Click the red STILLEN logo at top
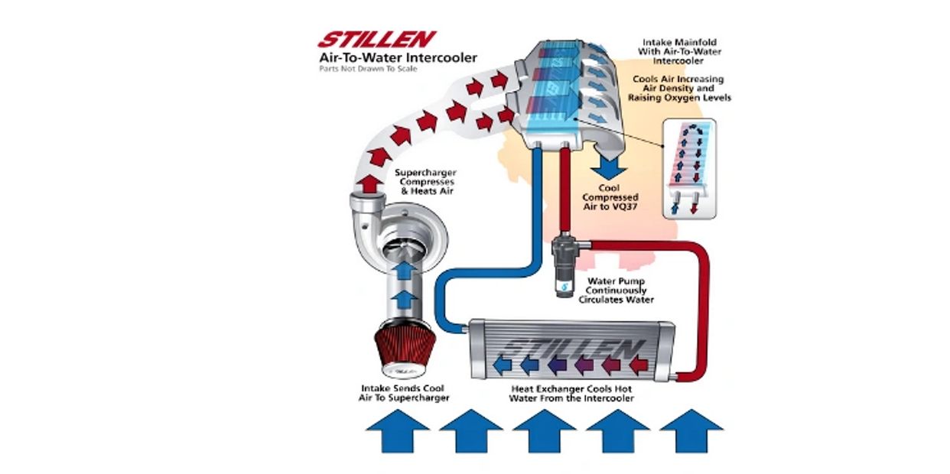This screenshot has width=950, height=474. coord(376,39)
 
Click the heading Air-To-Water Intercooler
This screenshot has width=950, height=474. coord(398,57)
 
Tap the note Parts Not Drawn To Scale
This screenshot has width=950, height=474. coord(358,70)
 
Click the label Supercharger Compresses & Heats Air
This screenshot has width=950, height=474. coord(425,183)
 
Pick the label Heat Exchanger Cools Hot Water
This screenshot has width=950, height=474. coord(573,393)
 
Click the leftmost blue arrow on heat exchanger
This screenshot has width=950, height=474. coord(504,363)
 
